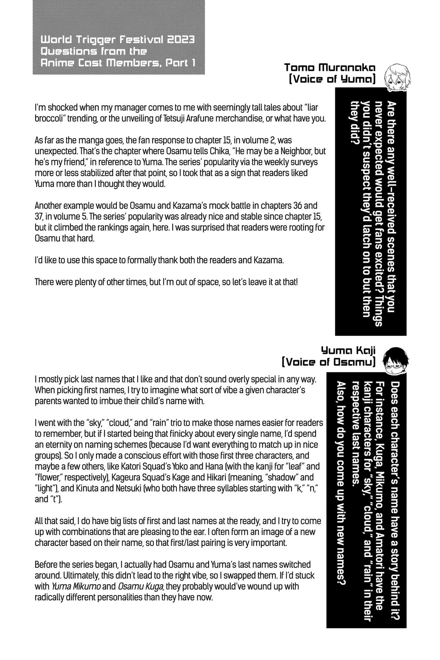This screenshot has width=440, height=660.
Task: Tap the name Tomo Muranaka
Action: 330,67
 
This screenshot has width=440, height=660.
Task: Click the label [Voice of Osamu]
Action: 328,362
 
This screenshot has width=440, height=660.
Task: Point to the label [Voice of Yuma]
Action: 332,79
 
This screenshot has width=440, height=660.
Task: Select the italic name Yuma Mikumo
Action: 76,586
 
